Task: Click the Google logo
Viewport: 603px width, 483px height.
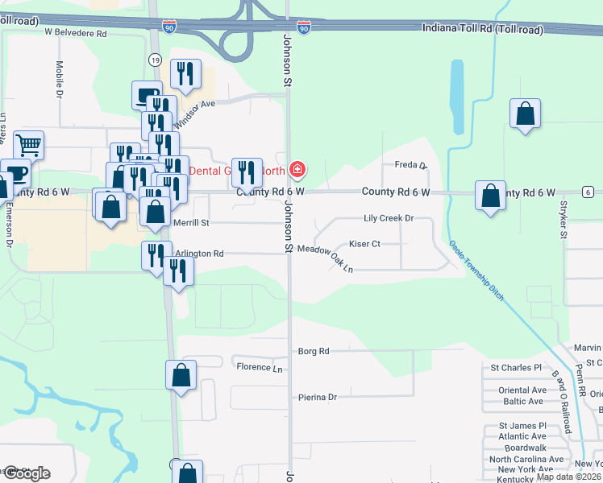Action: coord(26,473)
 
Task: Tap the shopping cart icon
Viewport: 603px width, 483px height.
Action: coord(28,147)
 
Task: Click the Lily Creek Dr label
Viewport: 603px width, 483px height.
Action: coord(389,218)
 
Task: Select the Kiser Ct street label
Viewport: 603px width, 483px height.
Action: coord(364,243)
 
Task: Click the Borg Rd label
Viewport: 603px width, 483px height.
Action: coord(314,352)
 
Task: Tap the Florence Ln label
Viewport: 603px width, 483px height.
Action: coord(260,367)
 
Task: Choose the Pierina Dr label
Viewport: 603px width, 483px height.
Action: coord(317,397)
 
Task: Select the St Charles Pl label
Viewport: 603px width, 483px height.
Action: coord(516,367)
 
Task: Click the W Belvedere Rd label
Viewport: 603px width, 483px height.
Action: coord(76,33)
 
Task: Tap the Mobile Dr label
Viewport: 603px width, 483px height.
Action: coord(60,79)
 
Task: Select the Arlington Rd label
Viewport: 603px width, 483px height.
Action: coord(199,254)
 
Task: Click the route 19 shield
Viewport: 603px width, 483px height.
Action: coord(155,60)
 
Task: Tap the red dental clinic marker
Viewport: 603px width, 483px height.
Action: coord(297,169)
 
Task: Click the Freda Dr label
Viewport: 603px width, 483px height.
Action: coord(410,165)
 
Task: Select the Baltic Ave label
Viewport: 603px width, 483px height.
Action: coord(522,401)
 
